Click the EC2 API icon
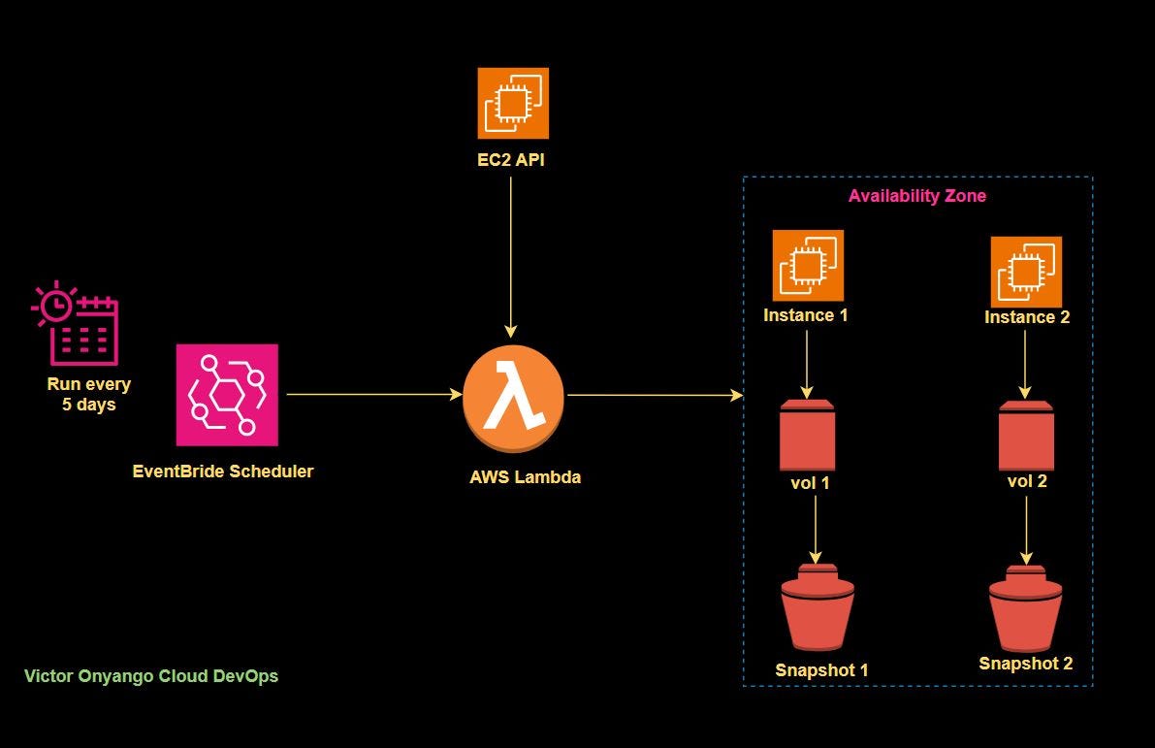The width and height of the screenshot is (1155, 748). tap(513, 103)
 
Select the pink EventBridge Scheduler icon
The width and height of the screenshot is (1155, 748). tap(227, 395)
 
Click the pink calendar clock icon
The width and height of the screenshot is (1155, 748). tap(76, 323)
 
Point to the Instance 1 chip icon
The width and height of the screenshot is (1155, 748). tap(808, 265)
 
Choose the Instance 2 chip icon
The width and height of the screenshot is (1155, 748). tap(1026, 271)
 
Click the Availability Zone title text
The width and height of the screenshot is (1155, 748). tap(916, 196)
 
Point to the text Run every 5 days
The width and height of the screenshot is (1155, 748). tap(89, 394)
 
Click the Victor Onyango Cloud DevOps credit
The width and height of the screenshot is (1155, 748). tap(151, 676)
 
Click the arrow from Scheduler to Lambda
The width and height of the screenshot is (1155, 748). tap(373, 395)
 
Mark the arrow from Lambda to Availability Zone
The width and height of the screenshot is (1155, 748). tap(655, 395)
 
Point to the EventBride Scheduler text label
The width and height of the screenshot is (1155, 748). tap(223, 472)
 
